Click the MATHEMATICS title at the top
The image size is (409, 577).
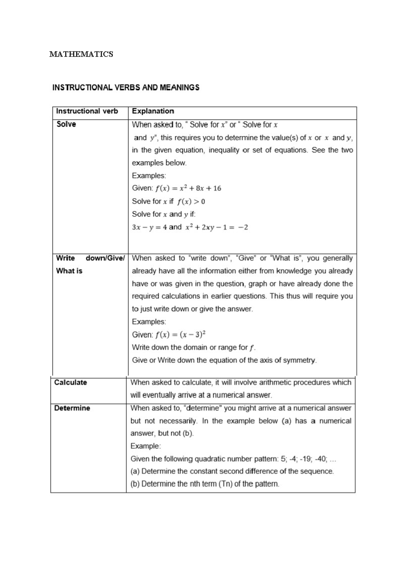81,54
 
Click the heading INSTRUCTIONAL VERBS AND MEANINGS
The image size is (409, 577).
126,87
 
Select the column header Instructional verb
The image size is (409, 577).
87,111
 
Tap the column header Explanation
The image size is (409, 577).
153,111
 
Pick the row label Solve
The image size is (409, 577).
66,124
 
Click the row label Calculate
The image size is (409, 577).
71,382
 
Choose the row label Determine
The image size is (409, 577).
72,408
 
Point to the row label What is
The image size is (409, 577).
69,271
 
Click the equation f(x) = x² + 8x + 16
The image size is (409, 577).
188,188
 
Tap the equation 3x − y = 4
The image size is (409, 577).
149,227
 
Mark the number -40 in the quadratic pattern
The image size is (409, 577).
321,459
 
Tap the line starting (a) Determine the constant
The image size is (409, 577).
232,472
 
